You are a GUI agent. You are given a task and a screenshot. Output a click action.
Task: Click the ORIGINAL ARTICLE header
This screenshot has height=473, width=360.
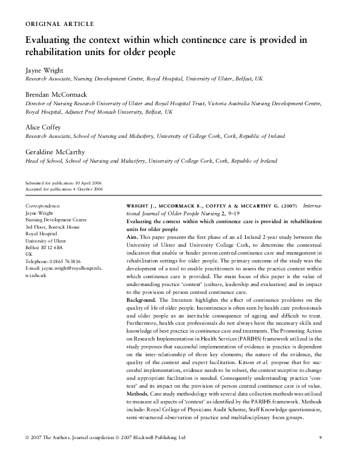click(x=59, y=24)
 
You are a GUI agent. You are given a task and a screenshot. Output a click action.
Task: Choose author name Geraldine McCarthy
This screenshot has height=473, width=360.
click(x=55, y=152)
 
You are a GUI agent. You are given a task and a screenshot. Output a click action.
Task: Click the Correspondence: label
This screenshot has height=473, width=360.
click(x=44, y=206)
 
